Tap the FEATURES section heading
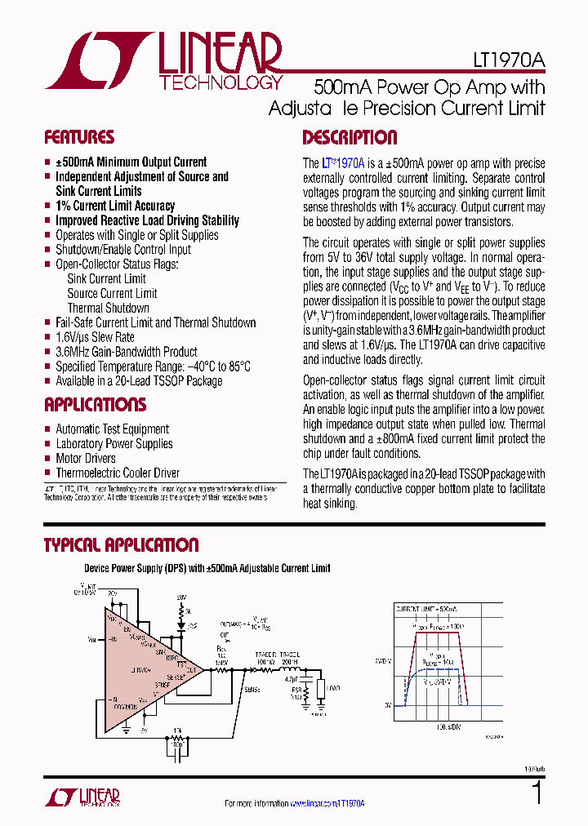coord(79,137)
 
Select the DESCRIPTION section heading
coord(350,137)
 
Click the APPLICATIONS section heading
coord(95,405)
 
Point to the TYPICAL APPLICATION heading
coord(121,545)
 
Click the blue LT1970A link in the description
coord(343,162)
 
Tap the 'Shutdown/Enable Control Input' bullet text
coord(123,250)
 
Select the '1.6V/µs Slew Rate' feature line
coord(95,337)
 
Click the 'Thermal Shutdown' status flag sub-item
coord(108,309)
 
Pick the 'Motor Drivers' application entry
coord(85,459)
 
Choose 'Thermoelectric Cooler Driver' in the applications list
coord(118,473)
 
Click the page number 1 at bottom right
coord(537,793)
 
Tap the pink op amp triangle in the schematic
coord(143,662)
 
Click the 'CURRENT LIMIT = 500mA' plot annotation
coord(427,610)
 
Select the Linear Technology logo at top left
coord(163,61)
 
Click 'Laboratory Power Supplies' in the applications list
coord(114,444)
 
